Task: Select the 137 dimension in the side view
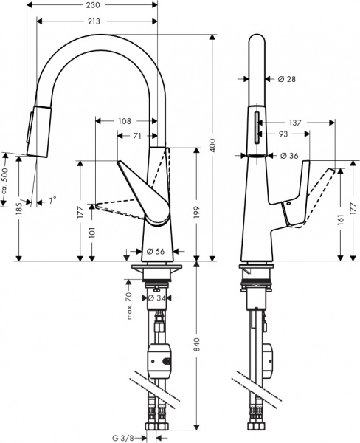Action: (294, 122)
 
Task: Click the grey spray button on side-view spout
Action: (257, 126)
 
